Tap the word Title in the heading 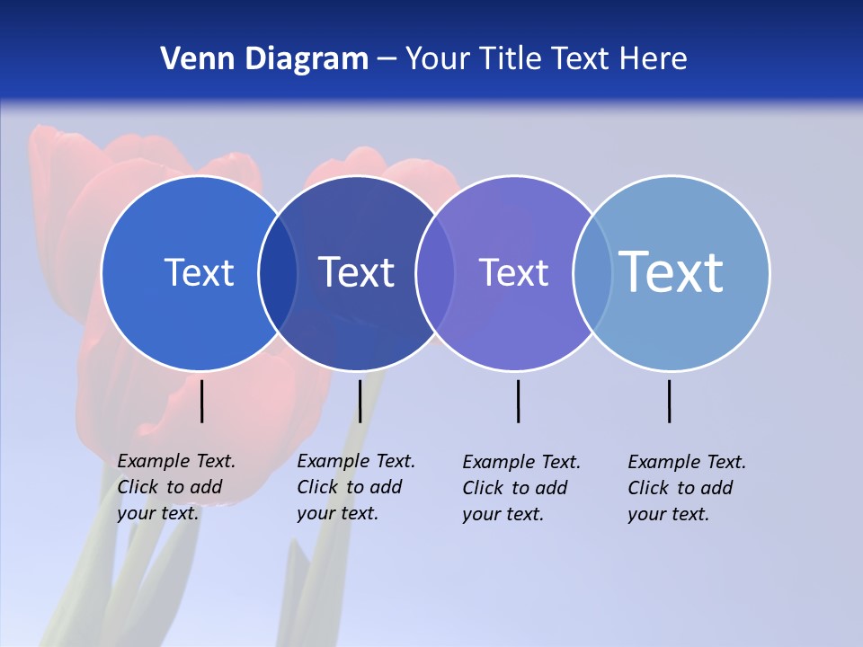click(x=510, y=59)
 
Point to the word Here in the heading click(x=653, y=59)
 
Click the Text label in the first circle click(x=199, y=272)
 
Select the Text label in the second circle click(x=356, y=272)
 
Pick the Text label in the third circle click(x=513, y=272)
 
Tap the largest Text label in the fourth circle click(x=671, y=271)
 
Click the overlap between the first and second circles click(x=278, y=273)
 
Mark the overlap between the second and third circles click(x=435, y=273)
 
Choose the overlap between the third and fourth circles click(x=592, y=273)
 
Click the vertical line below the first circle click(x=202, y=401)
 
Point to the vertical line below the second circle click(x=360, y=401)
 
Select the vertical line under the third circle click(x=518, y=401)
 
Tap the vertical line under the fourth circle click(x=669, y=401)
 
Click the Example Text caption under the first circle click(x=176, y=487)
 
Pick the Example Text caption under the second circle click(x=356, y=487)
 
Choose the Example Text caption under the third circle click(x=521, y=488)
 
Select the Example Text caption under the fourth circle click(x=687, y=488)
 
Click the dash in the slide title click(x=387, y=60)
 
